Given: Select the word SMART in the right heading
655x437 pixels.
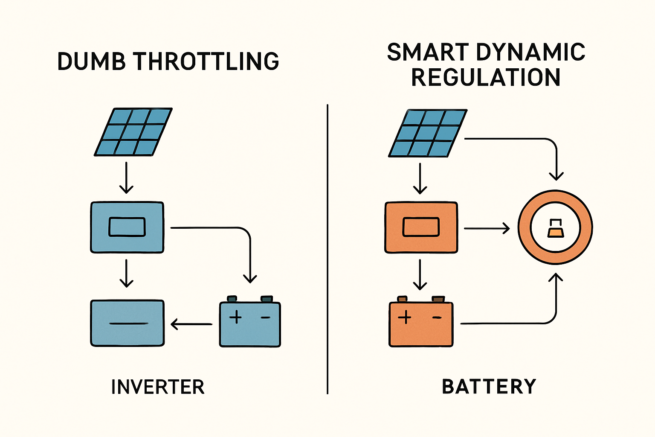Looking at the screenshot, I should pyautogui.click(x=422, y=52).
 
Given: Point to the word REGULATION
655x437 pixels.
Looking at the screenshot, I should pyautogui.click(x=486, y=77).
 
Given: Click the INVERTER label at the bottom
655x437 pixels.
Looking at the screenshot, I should pyautogui.click(x=158, y=387).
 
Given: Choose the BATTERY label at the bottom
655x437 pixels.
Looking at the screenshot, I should pyautogui.click(x=489, y=387).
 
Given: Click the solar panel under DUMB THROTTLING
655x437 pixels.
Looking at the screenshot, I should pyautogui.click(x=133, y=132).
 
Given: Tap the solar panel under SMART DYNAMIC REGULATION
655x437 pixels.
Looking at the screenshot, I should pyautogui.click(x=428, y=133).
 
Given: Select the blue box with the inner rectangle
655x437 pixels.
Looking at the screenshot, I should pyautogui.click(x=127, y=227).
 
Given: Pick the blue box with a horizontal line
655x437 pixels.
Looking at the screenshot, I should pyautogui.click(x=127, y=323).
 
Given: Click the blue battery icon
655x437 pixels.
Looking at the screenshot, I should pyautogui.click(x=250, y=323).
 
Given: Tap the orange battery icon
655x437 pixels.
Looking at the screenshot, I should pyautogui.click(x=421, y=323).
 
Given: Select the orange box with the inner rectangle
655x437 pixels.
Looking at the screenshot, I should pyautogui.click(x=421, y=227).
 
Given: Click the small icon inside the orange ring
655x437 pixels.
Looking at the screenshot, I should pyautogui.click(x=555, y=228).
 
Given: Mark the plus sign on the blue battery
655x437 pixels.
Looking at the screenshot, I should pyautogui.click(x=235, y=317).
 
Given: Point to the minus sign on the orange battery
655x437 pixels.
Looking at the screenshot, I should pyautogui.click(x=437, y=318).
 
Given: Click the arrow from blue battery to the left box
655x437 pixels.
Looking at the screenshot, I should pyautogui.click(x=191, y=324).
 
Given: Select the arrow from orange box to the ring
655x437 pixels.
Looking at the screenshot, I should pyautogui.click(x=487, y=229).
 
